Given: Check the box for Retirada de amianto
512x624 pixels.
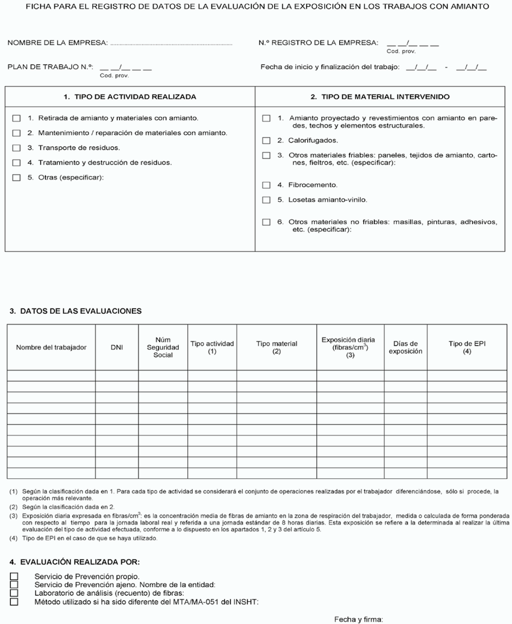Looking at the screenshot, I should click(x=16, y=118).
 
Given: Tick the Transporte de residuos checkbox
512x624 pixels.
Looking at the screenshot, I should click(x=16, y=148).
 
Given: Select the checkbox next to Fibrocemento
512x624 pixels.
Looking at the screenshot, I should click(x=266, y=185).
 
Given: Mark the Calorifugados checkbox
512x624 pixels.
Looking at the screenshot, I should click(x=266, y=140).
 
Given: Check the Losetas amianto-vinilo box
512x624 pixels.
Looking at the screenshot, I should click(x=266, y=199).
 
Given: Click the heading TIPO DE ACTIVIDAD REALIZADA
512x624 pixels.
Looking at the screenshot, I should click(x=130, y=96).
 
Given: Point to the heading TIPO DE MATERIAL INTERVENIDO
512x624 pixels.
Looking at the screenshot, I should click(x=379, y=96).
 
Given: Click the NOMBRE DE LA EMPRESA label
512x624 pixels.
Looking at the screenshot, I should click(x=58, y=43).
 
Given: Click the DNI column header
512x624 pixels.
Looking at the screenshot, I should click(x=117, y=348).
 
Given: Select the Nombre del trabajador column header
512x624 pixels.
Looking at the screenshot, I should click(x=51, y=348).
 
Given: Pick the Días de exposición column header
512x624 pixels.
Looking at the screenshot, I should click(x=405, y=348).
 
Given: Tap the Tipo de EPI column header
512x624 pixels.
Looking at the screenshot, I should click(x=467, y=348).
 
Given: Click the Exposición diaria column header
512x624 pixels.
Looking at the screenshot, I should click(x=350, y=348).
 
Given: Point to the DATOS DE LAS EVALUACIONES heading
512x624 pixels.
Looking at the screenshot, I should click(x=76, y=311).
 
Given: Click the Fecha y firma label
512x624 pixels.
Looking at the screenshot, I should click(x=358, y=619).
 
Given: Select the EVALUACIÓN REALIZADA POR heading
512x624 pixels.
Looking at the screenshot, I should click(x=75, y=562).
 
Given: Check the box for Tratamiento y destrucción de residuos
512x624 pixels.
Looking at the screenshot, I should click(x=16, y=163).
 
